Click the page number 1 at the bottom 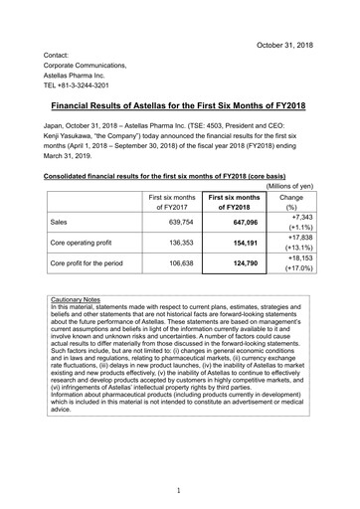click(x=180, y=491)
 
